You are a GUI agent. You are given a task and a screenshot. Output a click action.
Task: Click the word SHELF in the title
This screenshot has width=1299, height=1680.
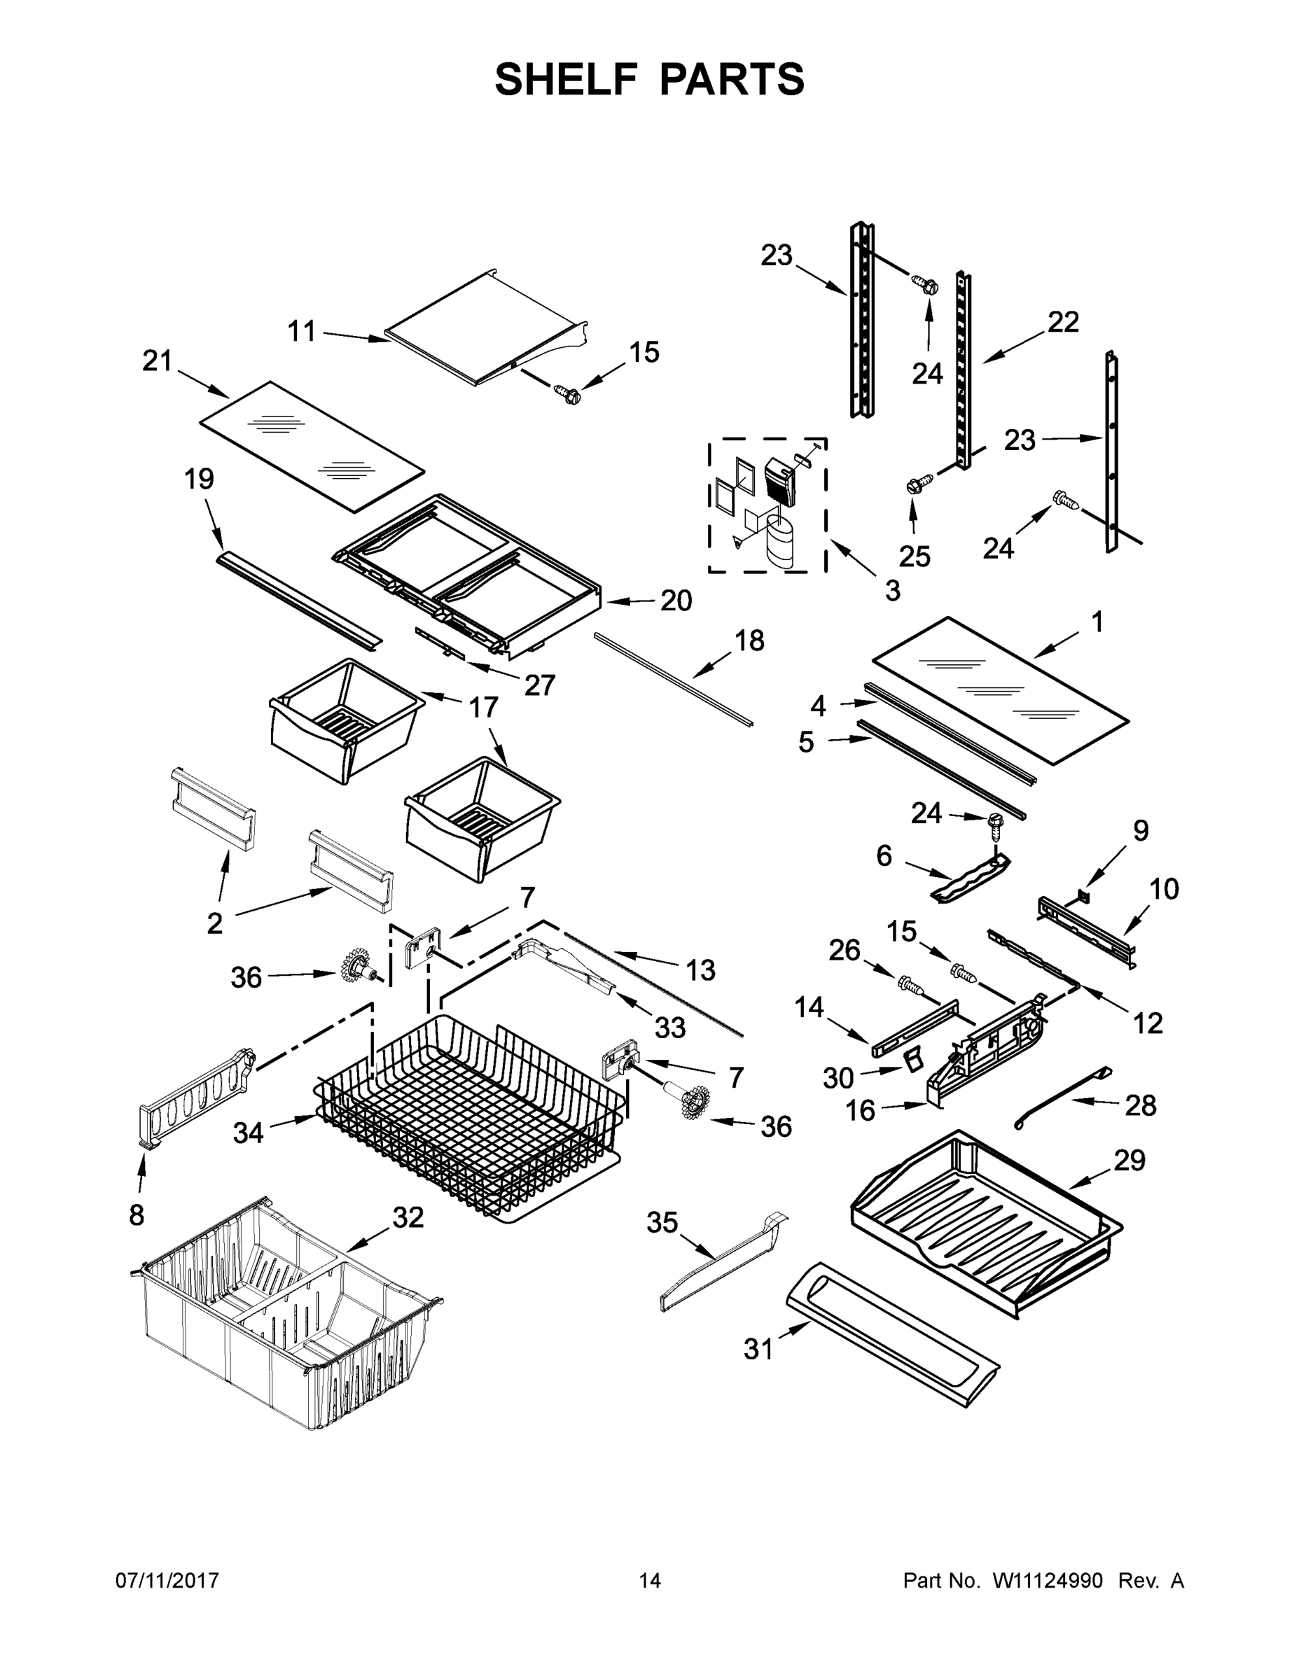pos(566,79)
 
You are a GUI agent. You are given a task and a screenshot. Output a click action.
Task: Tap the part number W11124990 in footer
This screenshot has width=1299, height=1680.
pos(1048,1580)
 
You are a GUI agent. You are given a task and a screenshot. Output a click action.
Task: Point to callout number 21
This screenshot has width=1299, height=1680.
pos(157,360)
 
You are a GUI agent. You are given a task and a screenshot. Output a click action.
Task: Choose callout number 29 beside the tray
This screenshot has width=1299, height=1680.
pos(1129,1159)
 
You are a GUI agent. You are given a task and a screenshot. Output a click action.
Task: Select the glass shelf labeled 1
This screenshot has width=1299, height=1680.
pos(1001,690)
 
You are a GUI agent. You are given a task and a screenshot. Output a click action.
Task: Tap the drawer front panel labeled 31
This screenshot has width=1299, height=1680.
pos(893,1324)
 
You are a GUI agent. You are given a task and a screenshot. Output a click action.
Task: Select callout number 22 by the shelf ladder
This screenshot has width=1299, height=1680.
pos(1063,321)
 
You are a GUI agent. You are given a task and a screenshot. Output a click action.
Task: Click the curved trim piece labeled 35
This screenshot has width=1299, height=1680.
pos(723,1261)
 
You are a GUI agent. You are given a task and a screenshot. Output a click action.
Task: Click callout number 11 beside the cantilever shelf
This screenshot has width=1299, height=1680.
pos(302,332)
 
